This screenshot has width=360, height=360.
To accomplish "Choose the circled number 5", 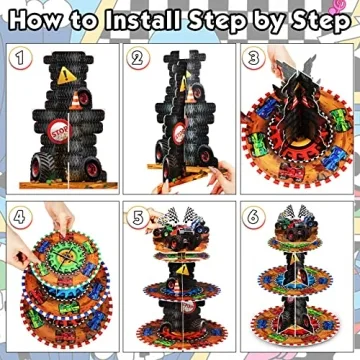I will click(x=138, y=217).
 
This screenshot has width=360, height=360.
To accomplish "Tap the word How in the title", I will click(x=40, y=18).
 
